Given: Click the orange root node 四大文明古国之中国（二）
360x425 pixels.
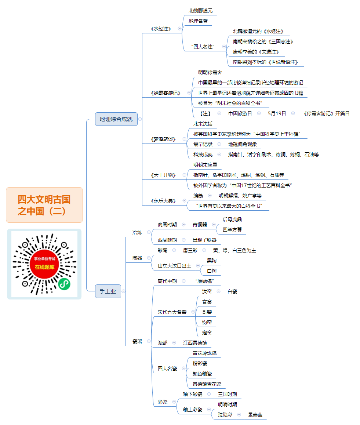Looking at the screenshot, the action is (44, 205).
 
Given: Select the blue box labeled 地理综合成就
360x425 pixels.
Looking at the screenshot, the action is (116, 119).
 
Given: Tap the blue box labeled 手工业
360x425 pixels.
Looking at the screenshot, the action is (108, 291).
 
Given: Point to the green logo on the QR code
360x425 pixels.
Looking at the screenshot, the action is (64, 284).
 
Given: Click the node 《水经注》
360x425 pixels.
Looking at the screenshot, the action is (161, 29).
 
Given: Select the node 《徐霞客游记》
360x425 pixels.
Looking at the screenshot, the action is (166, 93).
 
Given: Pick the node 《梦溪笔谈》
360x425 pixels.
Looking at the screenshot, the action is (163, 139).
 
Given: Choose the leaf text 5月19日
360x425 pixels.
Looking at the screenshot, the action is (277, 113).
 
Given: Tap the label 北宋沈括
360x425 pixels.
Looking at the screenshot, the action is (203, 124).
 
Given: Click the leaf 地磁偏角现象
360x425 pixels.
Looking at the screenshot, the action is (243, 145).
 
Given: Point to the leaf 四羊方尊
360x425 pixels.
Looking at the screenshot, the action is (232, 230).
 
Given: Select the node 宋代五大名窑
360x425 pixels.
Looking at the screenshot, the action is (172, 312).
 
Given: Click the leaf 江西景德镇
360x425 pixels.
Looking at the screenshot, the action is (195, 343).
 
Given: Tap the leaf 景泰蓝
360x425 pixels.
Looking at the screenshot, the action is (255, 415).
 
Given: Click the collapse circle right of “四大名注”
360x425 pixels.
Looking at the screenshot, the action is (224, 47).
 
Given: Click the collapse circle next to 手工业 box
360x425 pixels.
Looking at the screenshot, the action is (124, 291).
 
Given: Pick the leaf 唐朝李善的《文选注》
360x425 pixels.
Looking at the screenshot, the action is (256, 52).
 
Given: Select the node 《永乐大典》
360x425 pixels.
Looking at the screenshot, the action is (163, 201).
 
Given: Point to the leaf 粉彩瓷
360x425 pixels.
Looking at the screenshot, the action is (200, 363).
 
